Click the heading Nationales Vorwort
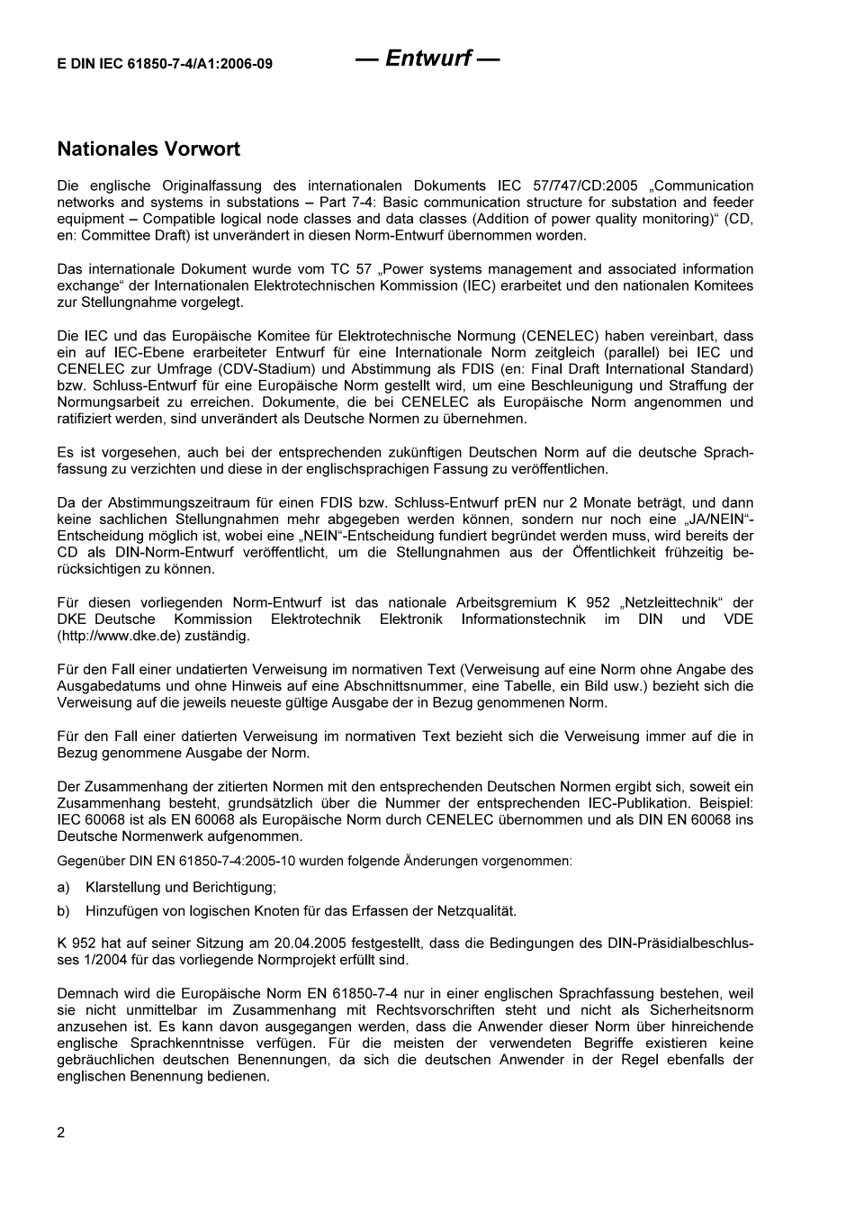coord(148,149)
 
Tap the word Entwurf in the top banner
coord(427,59)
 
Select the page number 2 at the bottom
coord(61,1133)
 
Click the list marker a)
coord(63,887)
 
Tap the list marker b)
coord(63,911)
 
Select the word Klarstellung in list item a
coord(122,887)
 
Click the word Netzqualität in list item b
coord(481,911)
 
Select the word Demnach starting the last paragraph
coord(87,994)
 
